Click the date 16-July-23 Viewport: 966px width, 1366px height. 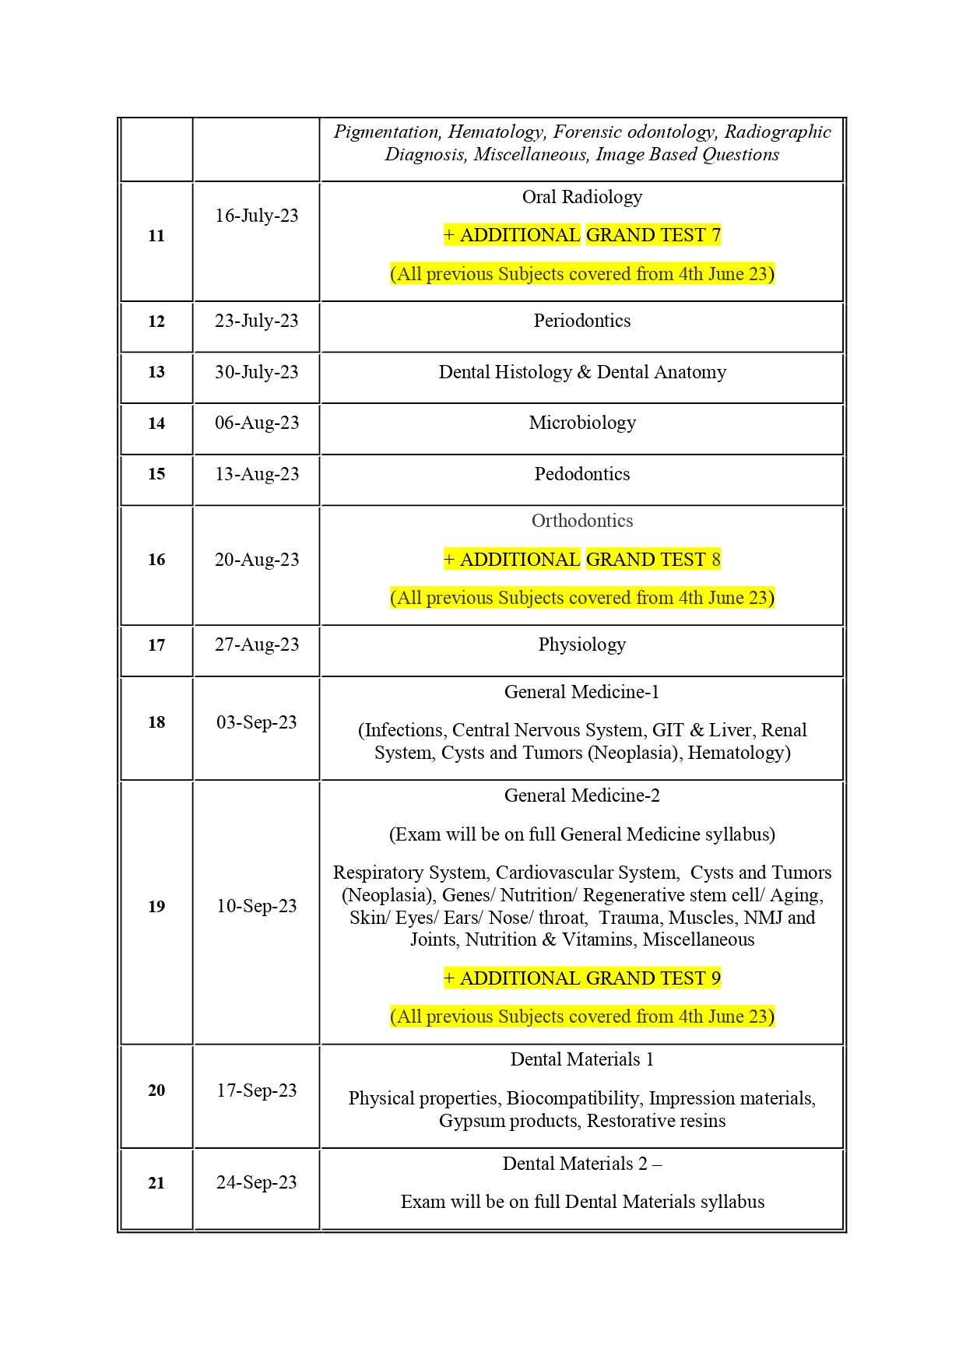[x=256, y=216]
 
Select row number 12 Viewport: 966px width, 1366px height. [x=156, y=321]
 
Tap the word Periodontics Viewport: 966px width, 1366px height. [x=581, y=321]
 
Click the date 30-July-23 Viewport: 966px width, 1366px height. [x=256, y=372]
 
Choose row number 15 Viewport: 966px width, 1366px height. [x=156, y=474]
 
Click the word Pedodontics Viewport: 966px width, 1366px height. [x=581, y=474]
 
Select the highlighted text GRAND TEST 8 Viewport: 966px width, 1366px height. [x=653, y=560]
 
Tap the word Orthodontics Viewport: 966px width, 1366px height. [x=581, y=521]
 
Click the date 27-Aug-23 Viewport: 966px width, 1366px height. [x=256, y=644]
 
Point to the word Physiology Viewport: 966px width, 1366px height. [x=581, y=644]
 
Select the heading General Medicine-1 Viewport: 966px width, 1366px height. [x=581, y=692]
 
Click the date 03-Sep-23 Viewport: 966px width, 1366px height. [x=256, y=722]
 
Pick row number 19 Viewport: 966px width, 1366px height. [x=156, y=907]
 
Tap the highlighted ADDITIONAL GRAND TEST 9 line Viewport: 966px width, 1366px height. [x=581, y=978]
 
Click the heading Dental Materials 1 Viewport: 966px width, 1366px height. [x=581, y=1059]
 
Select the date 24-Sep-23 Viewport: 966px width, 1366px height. [x=256, y=1182]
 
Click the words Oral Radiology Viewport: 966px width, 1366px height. [x=581, y=197]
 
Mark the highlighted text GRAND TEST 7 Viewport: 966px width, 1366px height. [x=653, y=235]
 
